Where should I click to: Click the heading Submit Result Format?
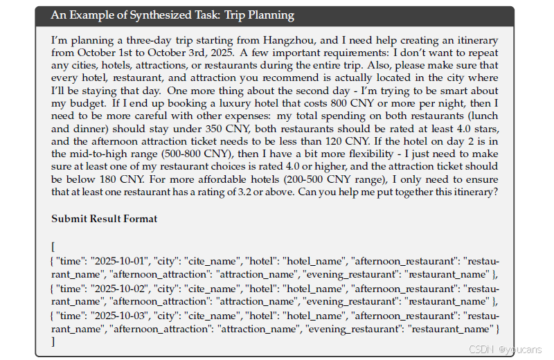click(105, 219)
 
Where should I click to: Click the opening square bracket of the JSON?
click(53, 247)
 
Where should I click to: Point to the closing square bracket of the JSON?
click(53, 341)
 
